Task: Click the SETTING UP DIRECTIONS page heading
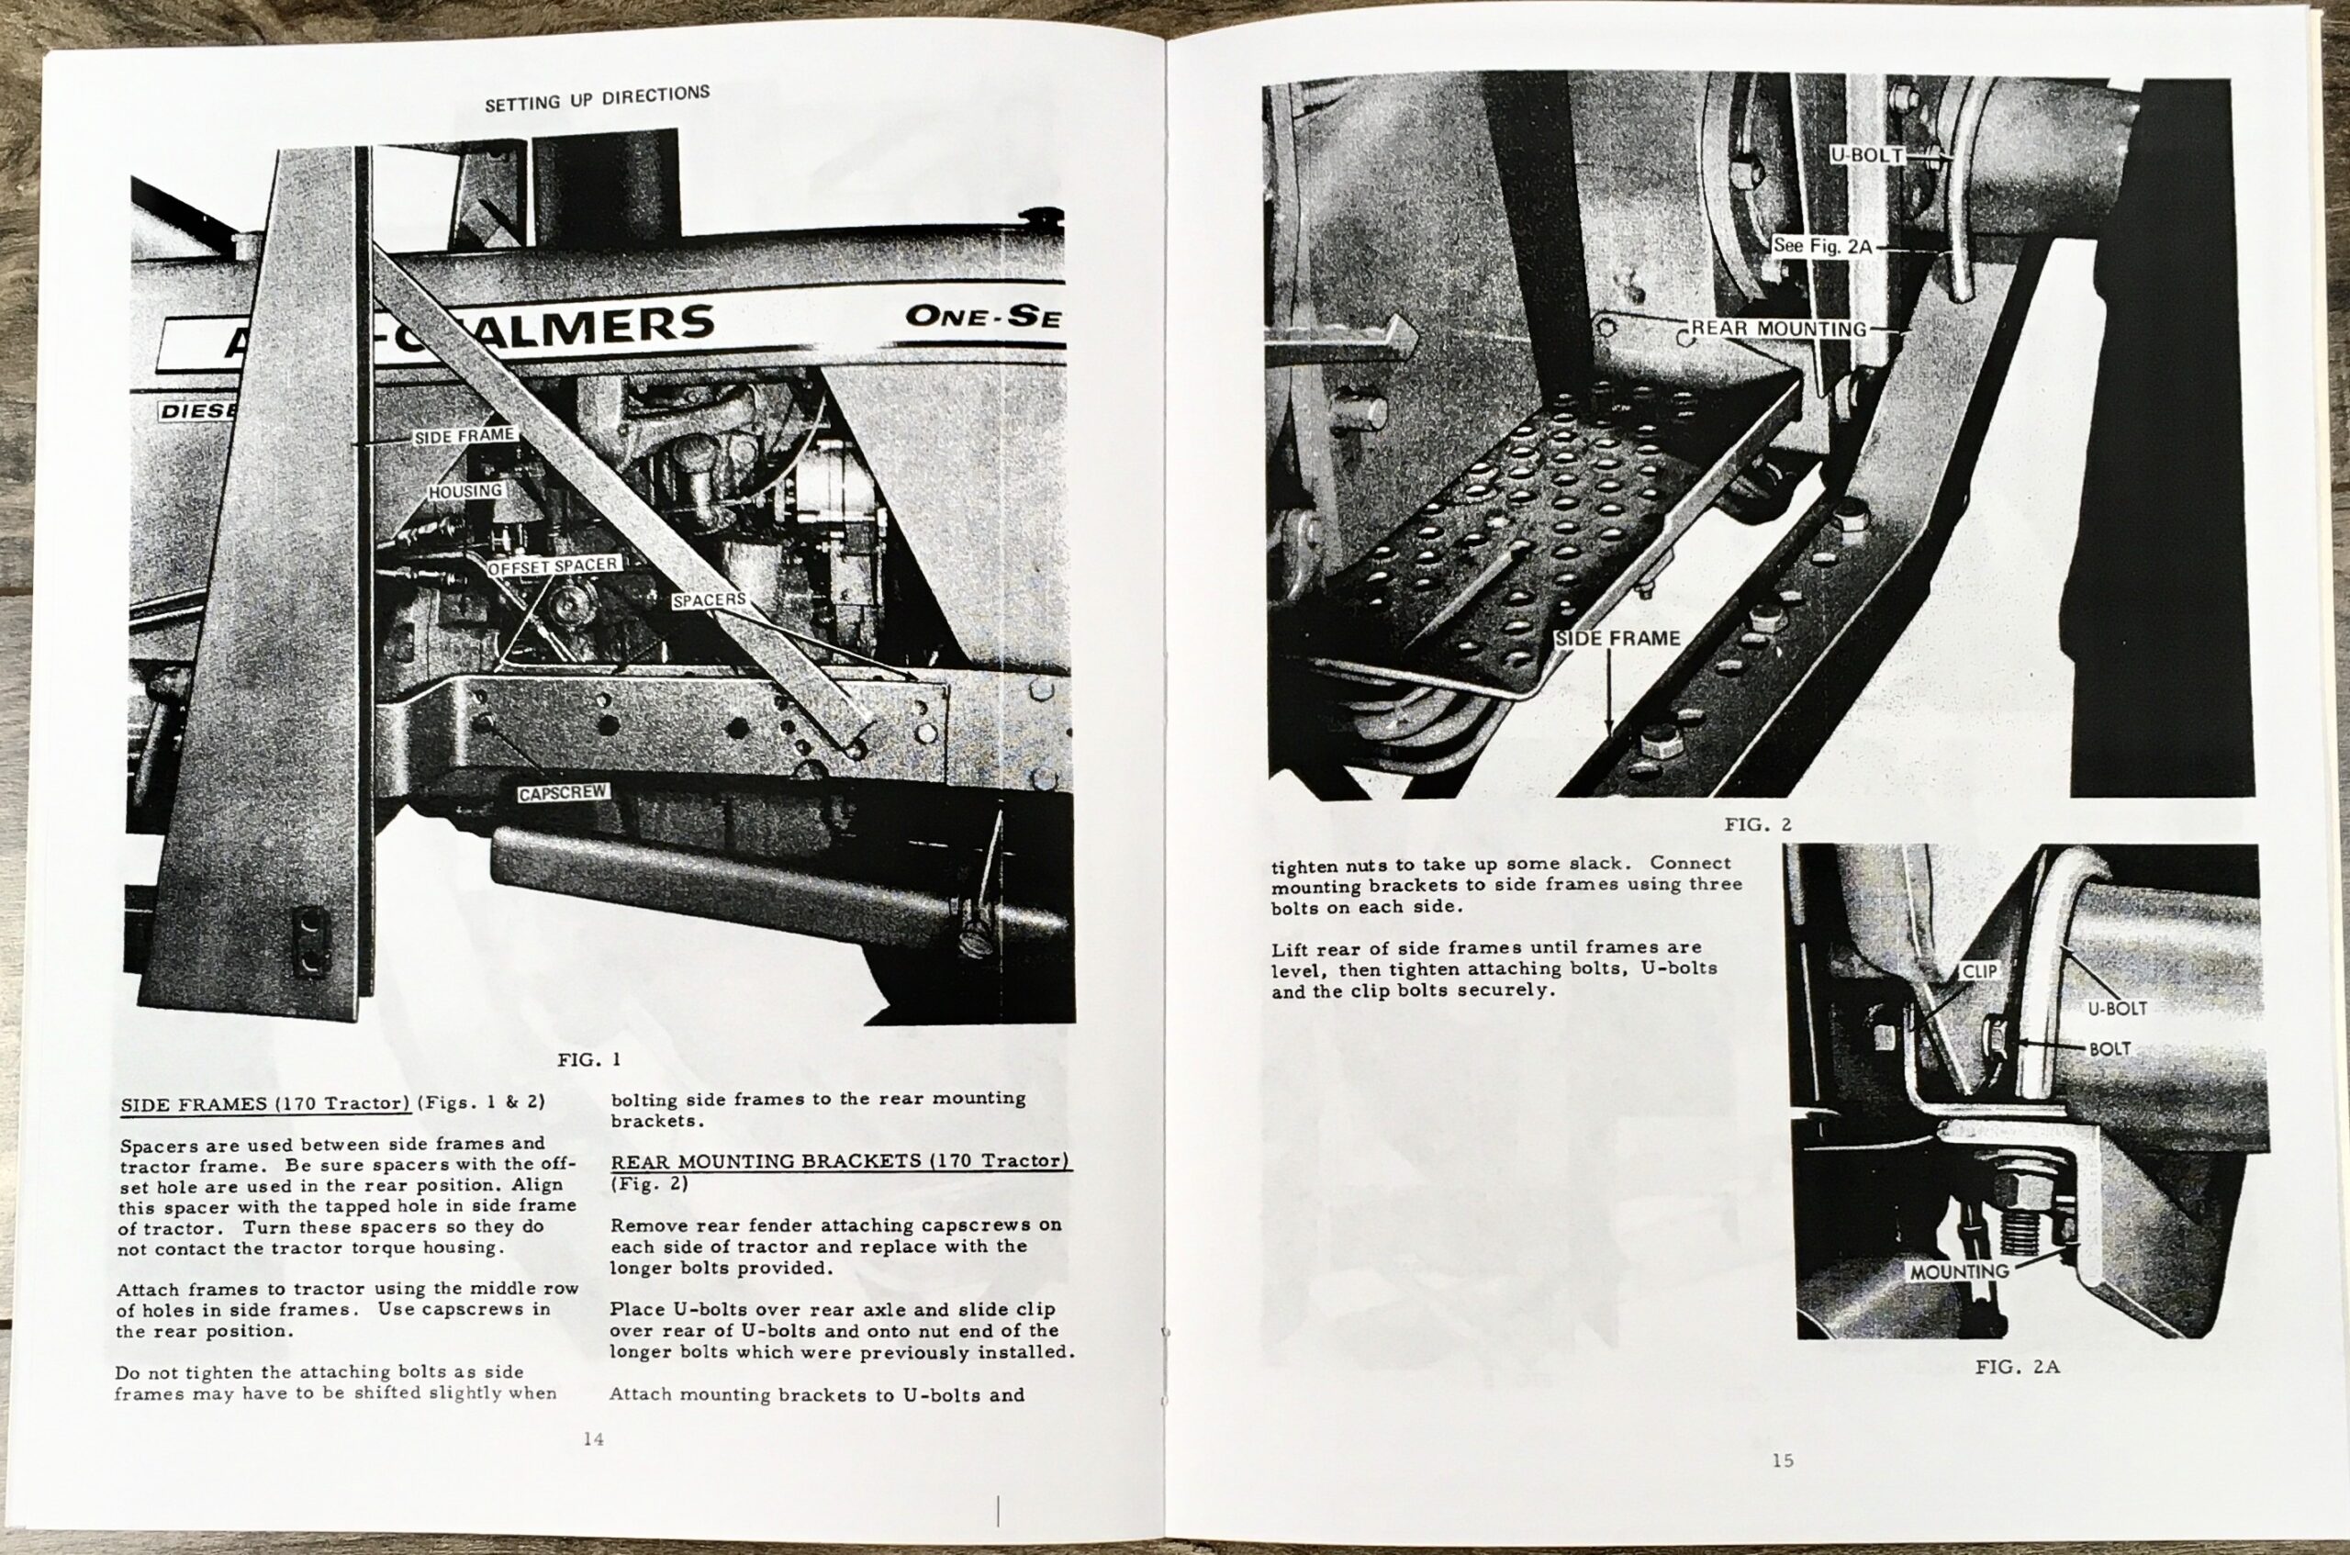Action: click(x=597, y=97)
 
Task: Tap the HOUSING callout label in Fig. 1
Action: click(x=465, y=491)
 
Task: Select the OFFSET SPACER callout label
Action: click(x=554, y=565)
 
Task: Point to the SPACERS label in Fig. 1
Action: click(x=709, y=600)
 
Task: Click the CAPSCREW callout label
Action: click(x=564, y=792)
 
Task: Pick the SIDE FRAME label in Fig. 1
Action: click(x=464, y=435)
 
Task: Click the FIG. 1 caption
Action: click(x=589, y=1059)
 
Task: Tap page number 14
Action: click(x=593, y=1439)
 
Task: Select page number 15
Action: click(x=1783, y=1460)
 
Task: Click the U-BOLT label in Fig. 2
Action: click(x=1866, y=156)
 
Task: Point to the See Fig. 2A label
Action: click(x=1822, y=246)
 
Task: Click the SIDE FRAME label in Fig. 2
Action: click(x=1617, y=639)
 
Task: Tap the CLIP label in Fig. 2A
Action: click(x=1979, y=971)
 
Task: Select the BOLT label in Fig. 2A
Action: click(x=2109, y=1048)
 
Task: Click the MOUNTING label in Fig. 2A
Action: click(x=1959, y=1271)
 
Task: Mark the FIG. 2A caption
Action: click(x=2017, y=1367)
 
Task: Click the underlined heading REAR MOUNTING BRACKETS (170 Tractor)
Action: click(x=839, y=1160)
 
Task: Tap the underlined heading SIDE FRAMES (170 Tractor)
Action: click(x=264, y=1103)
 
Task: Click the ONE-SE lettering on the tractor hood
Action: click(x=981, y=317)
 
